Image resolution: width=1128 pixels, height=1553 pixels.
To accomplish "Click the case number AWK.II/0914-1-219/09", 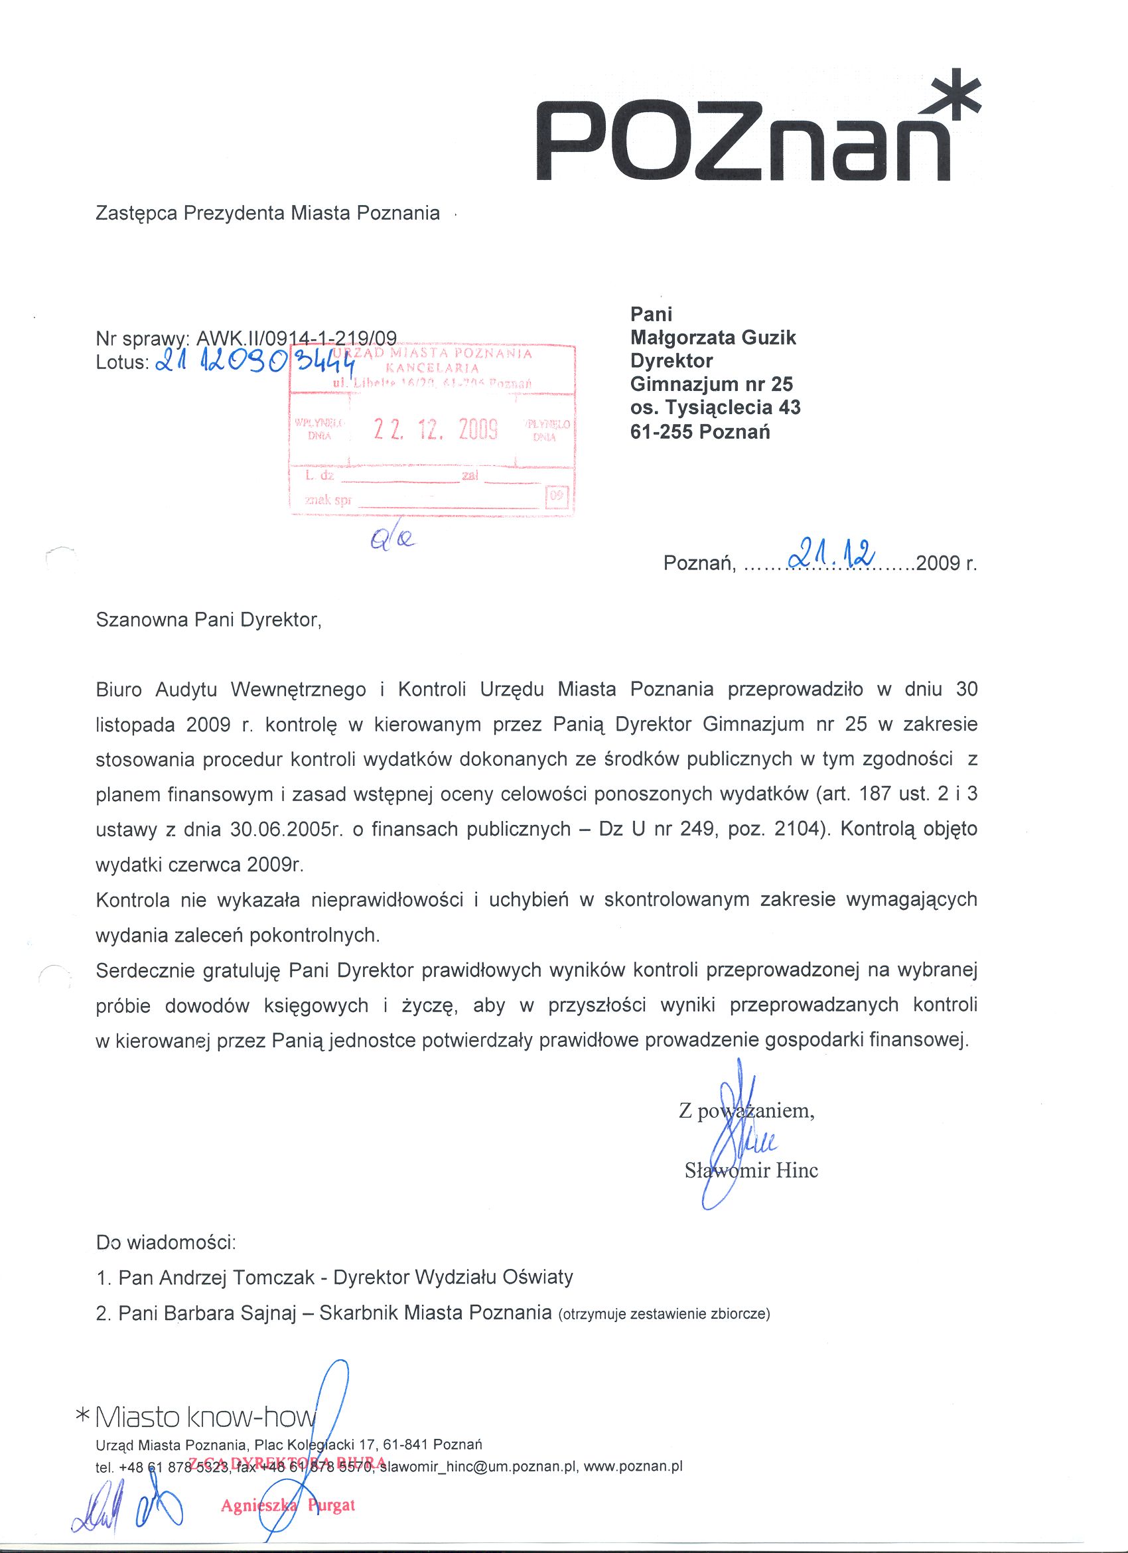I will tap(296, 338).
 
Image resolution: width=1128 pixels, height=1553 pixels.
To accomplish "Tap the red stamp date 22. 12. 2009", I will tap(435, 429).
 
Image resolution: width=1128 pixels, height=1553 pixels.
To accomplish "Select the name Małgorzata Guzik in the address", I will tap(713, 338).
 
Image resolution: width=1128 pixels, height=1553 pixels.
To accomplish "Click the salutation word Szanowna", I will tap(143, 620).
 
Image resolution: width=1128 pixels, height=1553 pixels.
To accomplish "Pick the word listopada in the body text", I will tap(135, 725).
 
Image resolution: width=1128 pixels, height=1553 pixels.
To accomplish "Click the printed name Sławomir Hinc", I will tap(751, 1170).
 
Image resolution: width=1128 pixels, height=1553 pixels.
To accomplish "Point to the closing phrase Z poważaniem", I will tap(746, 1110).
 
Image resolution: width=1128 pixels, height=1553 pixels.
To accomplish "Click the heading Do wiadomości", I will tap(166, 1242).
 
